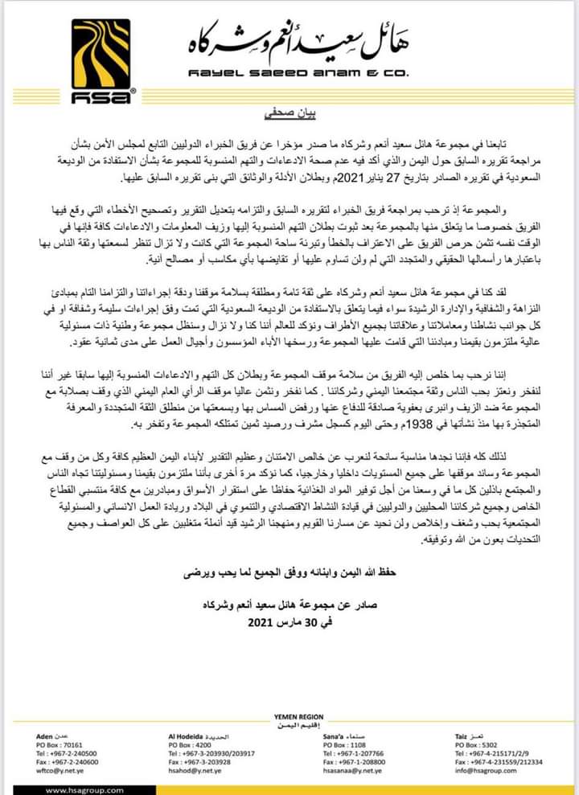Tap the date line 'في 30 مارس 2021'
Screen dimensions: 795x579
289,622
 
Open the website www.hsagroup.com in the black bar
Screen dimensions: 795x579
80,789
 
